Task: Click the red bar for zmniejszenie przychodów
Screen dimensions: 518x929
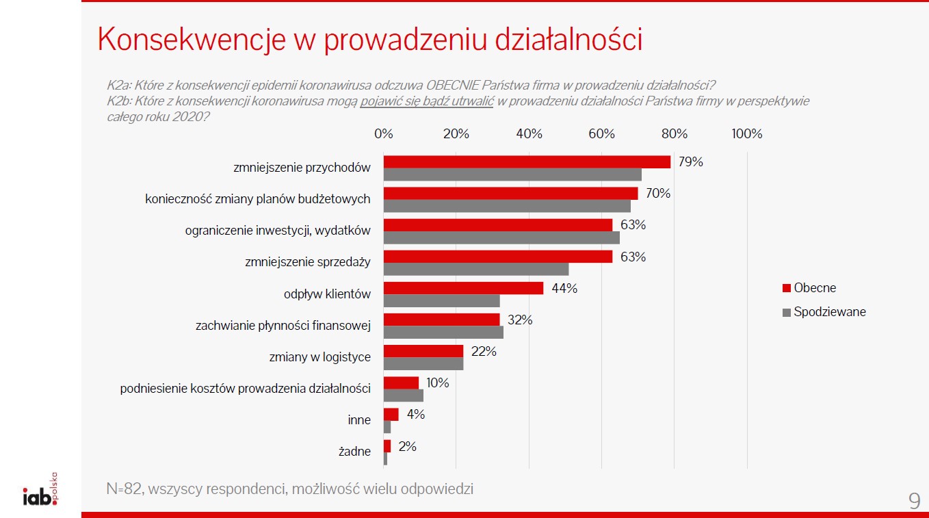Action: (527, 162)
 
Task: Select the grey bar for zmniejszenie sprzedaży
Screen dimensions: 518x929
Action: (475, 270)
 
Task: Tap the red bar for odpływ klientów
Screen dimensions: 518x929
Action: (463, 288)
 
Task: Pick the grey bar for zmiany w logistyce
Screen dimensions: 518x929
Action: (423, 364)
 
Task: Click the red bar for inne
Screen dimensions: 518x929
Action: (391, 415)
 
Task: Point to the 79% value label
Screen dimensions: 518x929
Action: (691, 162)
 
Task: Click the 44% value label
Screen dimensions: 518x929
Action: (564, 288)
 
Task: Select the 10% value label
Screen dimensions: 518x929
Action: (437, 383)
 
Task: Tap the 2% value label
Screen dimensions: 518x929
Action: (407, 446)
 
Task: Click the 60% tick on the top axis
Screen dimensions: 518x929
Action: (601, 134)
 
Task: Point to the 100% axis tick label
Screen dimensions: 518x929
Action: (746, 134)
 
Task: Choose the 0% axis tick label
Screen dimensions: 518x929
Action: (384, 134)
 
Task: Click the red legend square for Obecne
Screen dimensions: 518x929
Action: (787, 288)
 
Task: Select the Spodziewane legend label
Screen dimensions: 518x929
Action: (829, 312)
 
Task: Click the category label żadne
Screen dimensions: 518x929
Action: (354, 452)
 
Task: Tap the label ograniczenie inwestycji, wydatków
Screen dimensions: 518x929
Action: (278, 231)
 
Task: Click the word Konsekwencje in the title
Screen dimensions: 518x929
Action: (192, 40)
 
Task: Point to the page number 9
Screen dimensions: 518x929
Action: (914, 501)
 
